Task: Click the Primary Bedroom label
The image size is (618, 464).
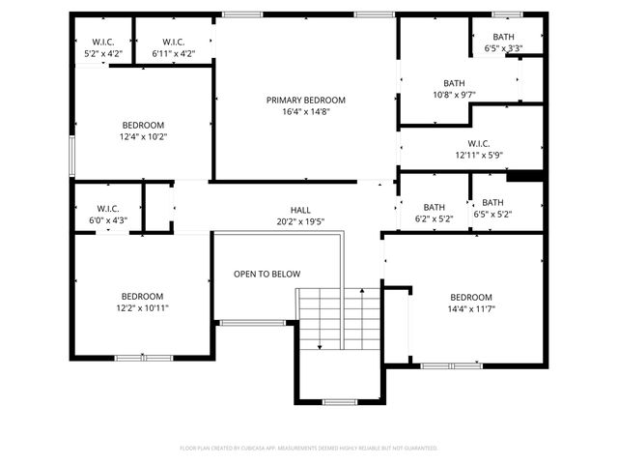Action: pos(305,100)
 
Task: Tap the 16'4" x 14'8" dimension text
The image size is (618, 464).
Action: pos(305,112)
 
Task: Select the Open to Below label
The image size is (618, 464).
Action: pos(267,275)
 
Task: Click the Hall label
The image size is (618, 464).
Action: pos(300,210)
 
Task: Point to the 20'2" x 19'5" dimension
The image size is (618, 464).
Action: pos(300,221)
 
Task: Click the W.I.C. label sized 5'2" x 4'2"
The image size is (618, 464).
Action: pos(103,42)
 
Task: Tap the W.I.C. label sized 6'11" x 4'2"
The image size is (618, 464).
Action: pos(174,42)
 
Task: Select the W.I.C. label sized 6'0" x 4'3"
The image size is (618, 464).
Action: pos(106,209)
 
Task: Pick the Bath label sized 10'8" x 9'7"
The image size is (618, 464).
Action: pos(454,83)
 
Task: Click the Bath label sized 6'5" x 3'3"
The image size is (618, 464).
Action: pos(503,37)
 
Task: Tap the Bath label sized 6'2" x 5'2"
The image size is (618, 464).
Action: pos(434,207)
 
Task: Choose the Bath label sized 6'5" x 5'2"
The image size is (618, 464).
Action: pos(493,203)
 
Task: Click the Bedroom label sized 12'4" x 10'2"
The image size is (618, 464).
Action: pos(143,125)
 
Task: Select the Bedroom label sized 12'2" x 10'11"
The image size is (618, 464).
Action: pos(142,296)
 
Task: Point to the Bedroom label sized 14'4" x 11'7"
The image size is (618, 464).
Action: pos(471,297)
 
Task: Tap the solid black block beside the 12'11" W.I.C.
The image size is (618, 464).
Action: pos(525,176)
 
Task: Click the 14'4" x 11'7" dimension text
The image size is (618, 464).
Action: pos(471,309)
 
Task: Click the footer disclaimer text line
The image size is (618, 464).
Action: pos(309,449)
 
